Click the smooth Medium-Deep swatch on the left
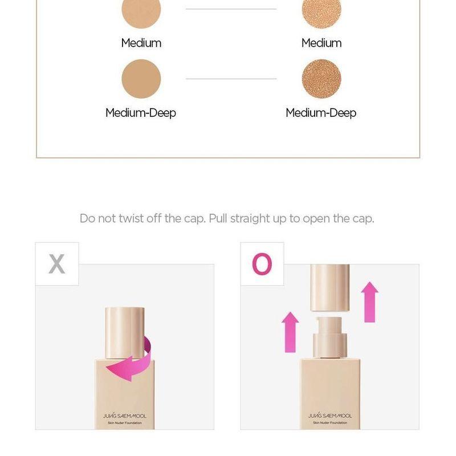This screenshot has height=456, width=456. (141, 79)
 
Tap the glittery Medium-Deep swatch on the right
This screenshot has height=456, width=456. (321, 79)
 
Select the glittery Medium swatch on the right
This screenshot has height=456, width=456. (321, 11)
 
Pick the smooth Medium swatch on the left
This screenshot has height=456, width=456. (141, 11)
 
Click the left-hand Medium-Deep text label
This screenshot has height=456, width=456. (141, 113)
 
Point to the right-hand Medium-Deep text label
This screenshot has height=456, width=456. (321, 113)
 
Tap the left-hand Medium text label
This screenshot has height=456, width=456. (141, 43)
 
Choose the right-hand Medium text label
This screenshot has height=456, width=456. (321, 43)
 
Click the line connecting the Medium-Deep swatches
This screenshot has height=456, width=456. (231, 79)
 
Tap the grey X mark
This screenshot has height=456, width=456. (57, 264)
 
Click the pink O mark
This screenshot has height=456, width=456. (262, 264)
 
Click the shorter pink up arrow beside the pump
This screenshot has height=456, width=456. (290, 331)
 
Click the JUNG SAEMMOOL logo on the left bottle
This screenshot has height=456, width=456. (125, 416)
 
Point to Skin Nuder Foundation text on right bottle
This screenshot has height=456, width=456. (330, 423)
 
